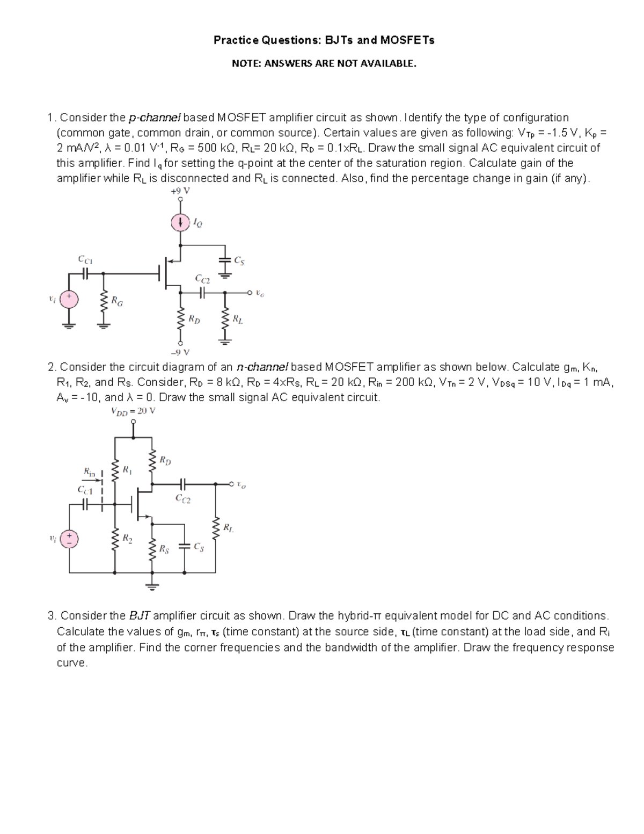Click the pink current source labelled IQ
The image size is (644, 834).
point(181,222)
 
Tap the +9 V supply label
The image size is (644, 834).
point(181,191)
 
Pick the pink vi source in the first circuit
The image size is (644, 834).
point(69,299)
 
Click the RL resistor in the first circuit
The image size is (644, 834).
point(225,320)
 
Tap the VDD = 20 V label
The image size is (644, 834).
point(133,411)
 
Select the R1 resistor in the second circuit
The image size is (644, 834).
point(115,471)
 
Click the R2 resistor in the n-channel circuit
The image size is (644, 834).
point(115,538)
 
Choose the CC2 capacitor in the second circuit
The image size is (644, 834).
point(183,484)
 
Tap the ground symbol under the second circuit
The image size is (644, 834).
point(152,586)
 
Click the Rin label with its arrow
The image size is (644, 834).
point(92,473)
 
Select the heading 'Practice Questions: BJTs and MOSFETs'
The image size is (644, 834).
point(324,40)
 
